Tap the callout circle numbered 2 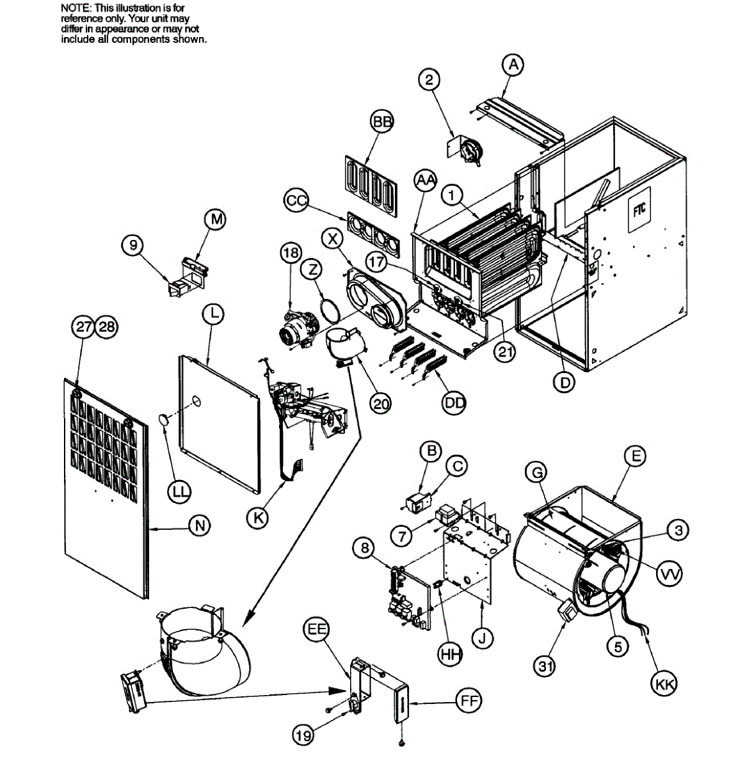click(429, 79)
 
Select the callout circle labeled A click(513, 64)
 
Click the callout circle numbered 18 click(291, 253)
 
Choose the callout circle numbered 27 click(83, 326)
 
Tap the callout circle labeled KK click(663, 684)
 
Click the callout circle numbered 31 click(545, 666)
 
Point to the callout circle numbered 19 click(303, 735)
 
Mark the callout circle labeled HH click(451, 653)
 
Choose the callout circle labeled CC click(296, 201)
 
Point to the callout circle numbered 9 click(132, 246)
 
